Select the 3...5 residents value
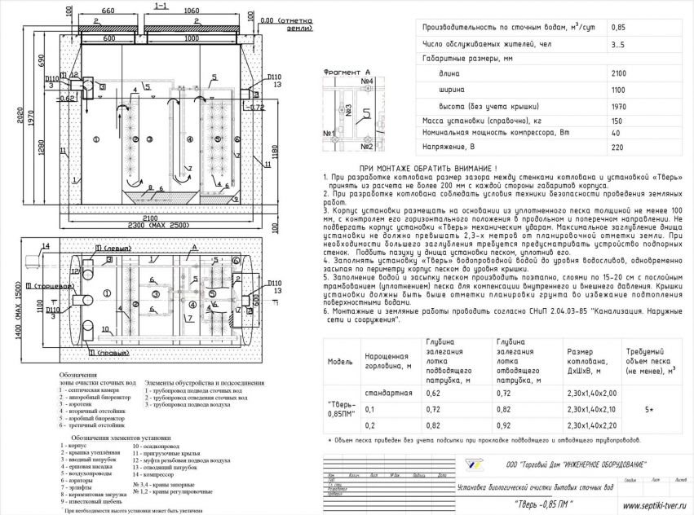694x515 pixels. point(619,44)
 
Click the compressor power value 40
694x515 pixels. point(616,134)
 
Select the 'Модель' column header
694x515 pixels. point(339,361)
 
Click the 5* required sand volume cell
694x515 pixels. point(649,409)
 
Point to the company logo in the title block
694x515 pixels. point(471,464)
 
